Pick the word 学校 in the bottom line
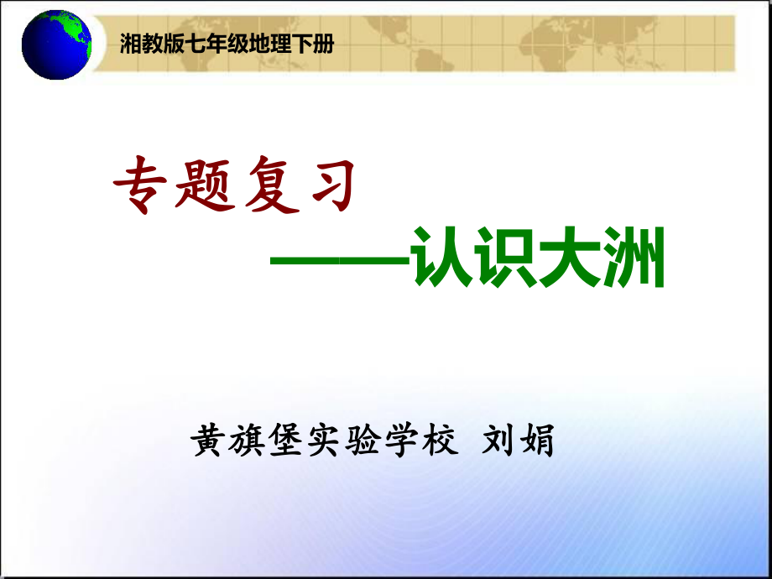coord(424,439)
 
